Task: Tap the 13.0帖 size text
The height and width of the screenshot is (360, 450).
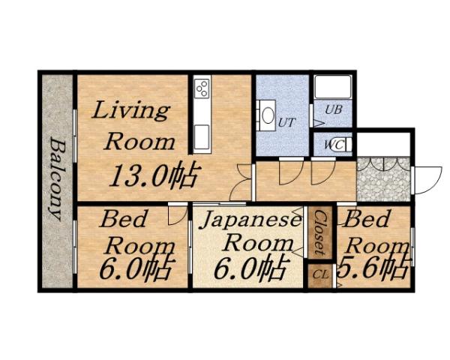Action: [x=154, y=177]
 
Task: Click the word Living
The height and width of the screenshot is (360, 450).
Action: [x=130, y=111]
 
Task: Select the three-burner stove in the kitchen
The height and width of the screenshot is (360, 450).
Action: [x=201, y=90]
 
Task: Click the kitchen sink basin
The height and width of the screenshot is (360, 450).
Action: [x=201, y=137]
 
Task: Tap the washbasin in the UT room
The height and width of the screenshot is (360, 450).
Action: [x=267, y=116]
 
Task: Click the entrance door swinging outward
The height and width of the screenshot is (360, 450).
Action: [x=424, y=178]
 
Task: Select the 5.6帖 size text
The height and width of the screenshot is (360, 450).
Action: [x=373, y=266]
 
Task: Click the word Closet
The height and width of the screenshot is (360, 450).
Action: [x=320, y=232]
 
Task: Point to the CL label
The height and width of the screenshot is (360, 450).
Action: [x=320, y=274]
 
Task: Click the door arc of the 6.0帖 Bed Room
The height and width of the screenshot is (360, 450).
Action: [x=177, y=214]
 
